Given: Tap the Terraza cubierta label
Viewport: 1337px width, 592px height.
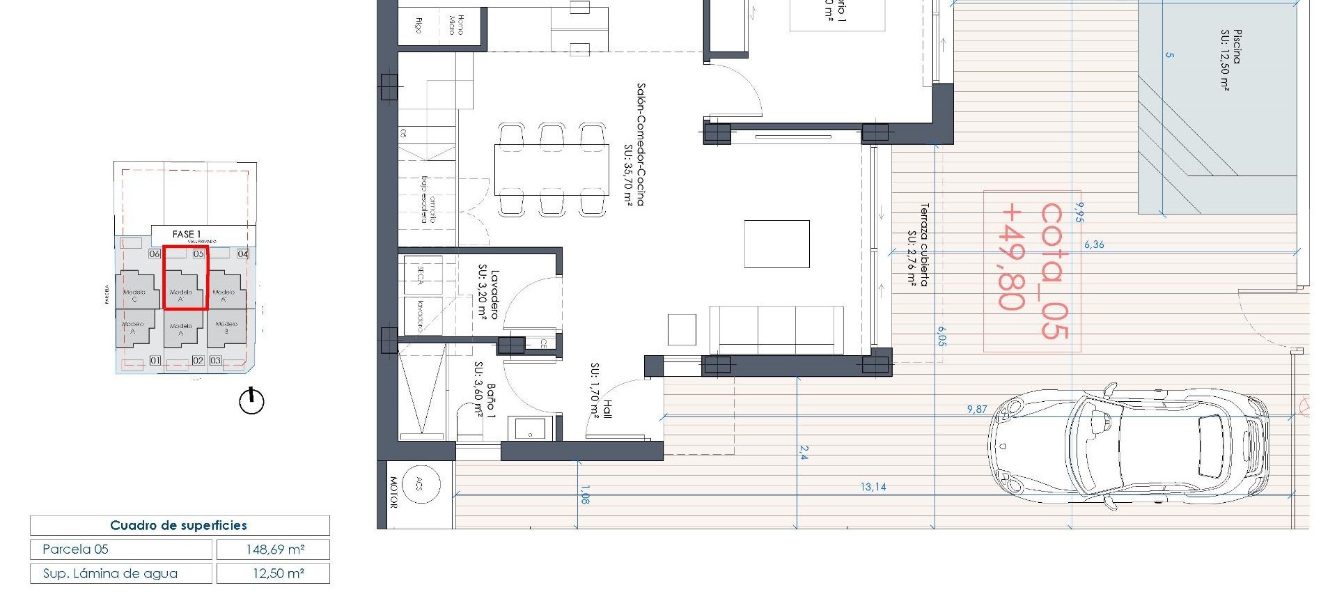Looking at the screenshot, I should coord(918,244).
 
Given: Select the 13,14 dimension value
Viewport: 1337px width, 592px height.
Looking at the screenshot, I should coord(873,487).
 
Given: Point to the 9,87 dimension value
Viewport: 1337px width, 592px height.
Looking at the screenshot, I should coord(976,410).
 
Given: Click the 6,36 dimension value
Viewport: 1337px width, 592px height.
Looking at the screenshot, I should coord(1093,244).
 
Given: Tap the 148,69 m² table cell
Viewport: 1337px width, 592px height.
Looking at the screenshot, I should coord(274,550).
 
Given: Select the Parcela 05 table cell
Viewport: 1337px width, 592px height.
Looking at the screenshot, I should coord(120,550).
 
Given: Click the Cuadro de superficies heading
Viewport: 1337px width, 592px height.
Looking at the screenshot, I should coord(179,525).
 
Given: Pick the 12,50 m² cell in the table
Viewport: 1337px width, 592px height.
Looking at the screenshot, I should coord(274,574).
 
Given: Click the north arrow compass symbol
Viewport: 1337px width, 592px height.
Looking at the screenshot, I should coord(251,401).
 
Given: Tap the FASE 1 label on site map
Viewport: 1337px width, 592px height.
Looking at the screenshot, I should coord(186,234).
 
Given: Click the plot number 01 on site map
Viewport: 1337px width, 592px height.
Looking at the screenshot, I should coord(155,360).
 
